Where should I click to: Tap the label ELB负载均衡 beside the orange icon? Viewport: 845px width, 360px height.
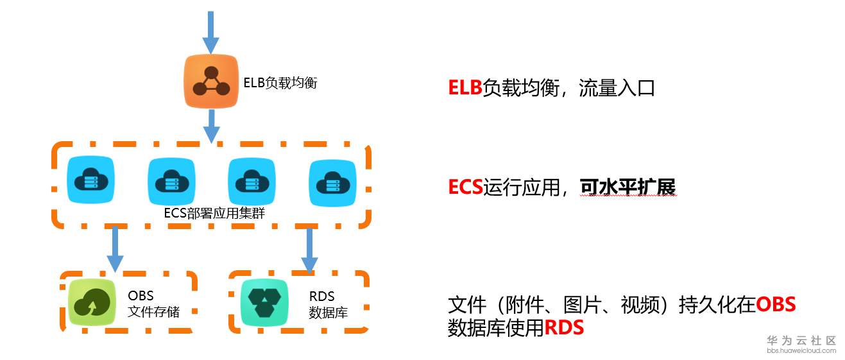[280, 83]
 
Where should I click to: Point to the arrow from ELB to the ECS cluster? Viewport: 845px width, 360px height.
[211, 124]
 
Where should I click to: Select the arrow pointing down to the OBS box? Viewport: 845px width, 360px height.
[115, 248]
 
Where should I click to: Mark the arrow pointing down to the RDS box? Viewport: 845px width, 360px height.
[310, 249]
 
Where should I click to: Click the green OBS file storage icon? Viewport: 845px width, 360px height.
[92, 302]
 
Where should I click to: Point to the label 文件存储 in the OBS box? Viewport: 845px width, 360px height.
[154, 313]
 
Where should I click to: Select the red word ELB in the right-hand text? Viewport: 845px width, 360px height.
[465, 88]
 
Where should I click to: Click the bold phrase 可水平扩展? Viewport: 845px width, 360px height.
[627, 187]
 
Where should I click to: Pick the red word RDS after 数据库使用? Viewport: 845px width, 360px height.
[564, 328]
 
